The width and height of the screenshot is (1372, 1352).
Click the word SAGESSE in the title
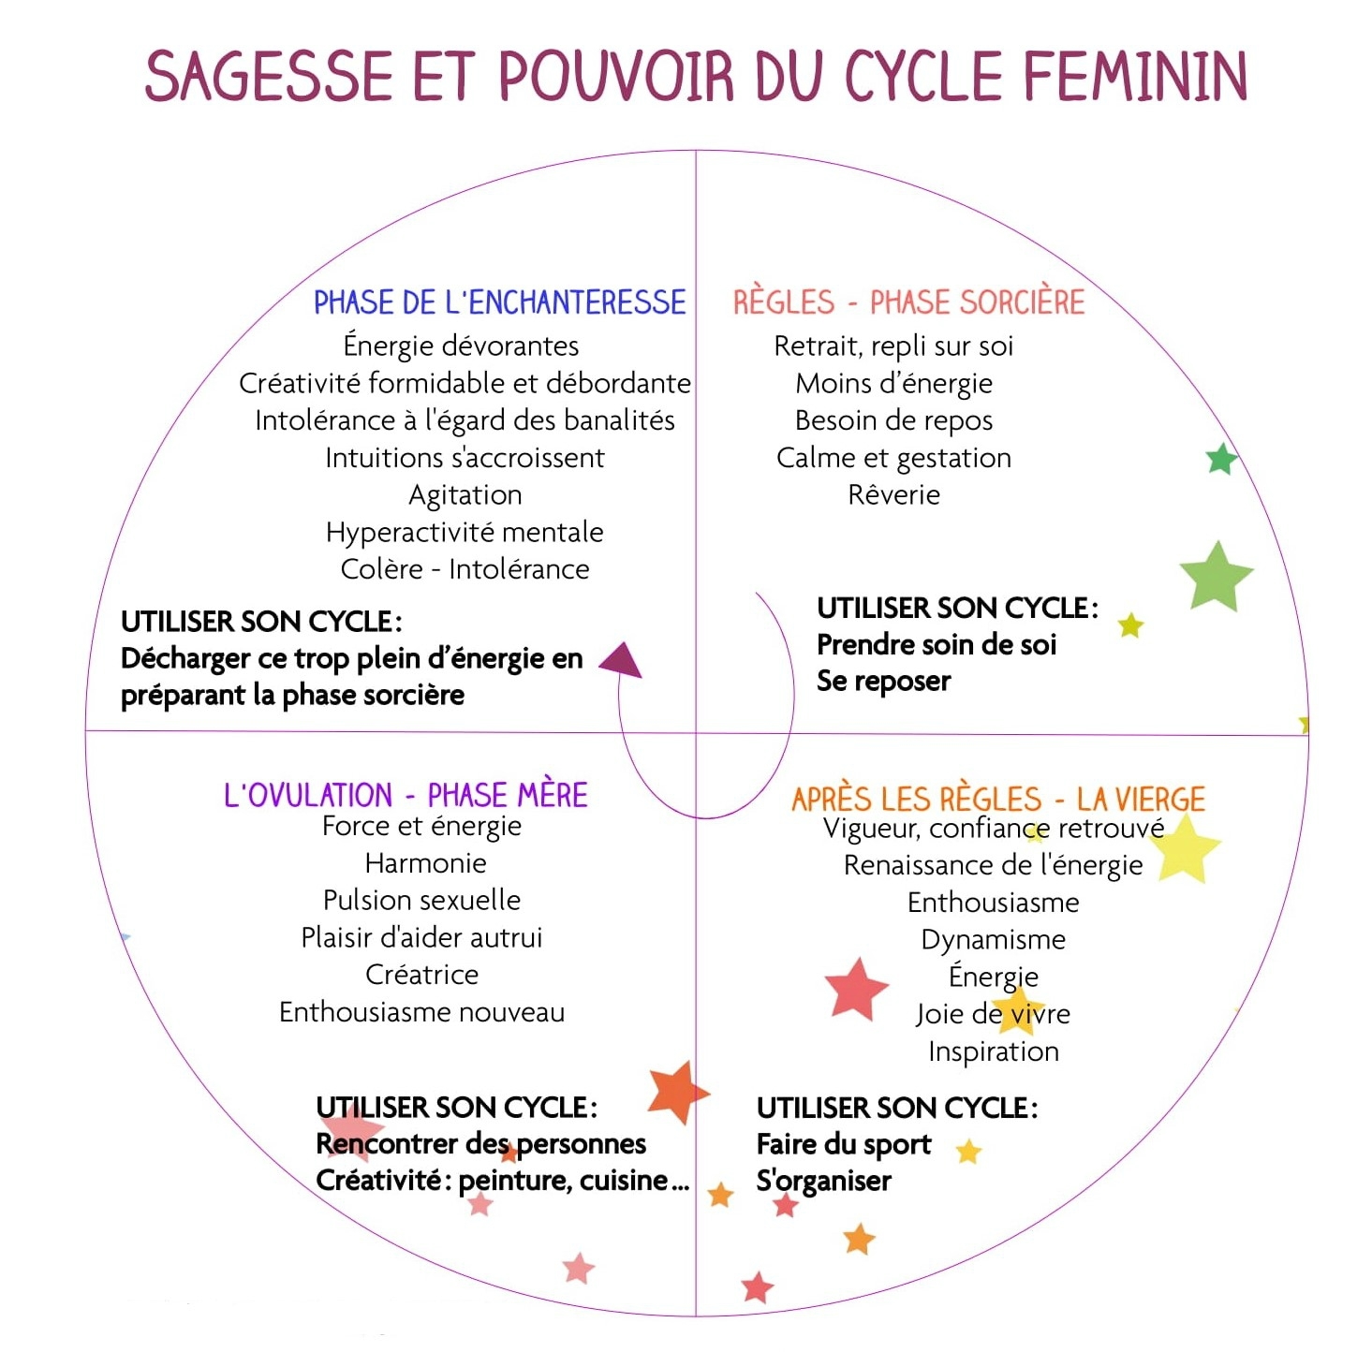(x=269, y=76)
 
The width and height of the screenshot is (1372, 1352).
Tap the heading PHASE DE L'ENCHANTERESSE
(x=500, y=302)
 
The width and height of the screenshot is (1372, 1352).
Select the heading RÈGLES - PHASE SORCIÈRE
(x=908, y=301)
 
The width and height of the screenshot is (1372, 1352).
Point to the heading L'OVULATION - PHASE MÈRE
(x=406, y=795)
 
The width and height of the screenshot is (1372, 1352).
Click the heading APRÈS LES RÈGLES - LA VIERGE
(x=998, y=799)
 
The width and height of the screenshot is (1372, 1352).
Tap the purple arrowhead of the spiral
(x=622, y=660)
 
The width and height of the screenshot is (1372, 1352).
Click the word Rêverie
(x=893, y=494)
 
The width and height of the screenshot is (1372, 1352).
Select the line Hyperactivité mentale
(x=465, y=533)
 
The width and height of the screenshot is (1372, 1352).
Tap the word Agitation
(x=465, y=494)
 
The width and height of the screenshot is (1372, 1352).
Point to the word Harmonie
(x=426, y=863)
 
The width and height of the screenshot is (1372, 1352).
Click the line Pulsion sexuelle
(x=421, y=901)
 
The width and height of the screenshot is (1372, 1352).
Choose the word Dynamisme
(x=994, y=940)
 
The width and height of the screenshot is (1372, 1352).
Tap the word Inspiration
(x=994, y=1051)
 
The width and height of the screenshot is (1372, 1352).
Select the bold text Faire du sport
(x=844, y=1144)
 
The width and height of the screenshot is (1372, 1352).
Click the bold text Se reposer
(x=883, y=681)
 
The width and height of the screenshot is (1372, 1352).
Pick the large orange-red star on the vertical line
(x=676, y=1092)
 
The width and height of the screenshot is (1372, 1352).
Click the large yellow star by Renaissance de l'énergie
(x=1186, y=848)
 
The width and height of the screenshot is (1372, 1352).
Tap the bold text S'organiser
(x=824, y=1182)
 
